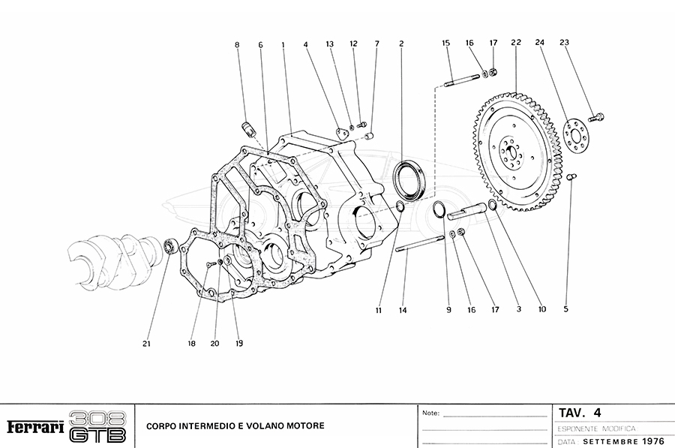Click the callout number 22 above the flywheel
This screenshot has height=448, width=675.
[x=516, y=44]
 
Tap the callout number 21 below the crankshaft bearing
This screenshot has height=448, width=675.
[x=147, y=344]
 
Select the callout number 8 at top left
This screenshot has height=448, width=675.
[x=237, y=45]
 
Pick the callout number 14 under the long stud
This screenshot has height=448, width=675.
[x=403, y=310]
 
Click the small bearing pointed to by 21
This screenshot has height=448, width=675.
[x=170, y=245]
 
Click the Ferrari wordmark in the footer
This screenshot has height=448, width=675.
[x=34, y=426]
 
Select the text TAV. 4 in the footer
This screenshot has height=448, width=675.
[x=580, y=412]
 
